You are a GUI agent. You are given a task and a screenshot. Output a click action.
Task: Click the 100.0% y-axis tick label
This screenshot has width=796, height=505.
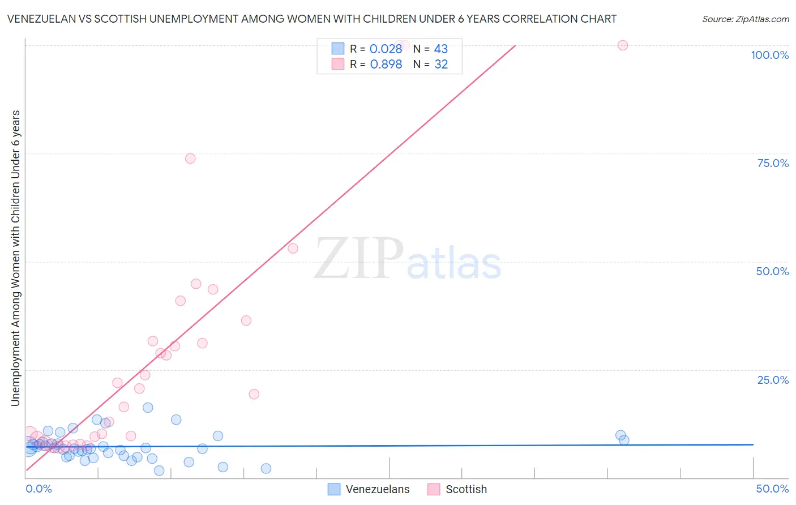point(769,55)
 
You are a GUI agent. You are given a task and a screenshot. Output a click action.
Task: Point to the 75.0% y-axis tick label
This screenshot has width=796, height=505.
point(773,163)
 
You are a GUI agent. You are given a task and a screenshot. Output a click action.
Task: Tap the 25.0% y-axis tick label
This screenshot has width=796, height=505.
point(773,380)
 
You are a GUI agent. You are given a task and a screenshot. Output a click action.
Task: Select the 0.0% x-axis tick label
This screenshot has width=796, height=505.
point(38,489)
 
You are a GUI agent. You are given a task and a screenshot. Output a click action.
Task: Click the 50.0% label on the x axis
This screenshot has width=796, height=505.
point(772,489)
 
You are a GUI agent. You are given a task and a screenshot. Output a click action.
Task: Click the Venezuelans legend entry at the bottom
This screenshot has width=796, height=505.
point(369,489)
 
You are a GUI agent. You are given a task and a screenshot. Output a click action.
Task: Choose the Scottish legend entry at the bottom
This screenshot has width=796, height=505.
point(457,489)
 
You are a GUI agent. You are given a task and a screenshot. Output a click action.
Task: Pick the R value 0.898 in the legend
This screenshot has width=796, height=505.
point(386,64)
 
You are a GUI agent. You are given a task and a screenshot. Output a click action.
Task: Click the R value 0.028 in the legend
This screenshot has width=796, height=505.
point(386,49)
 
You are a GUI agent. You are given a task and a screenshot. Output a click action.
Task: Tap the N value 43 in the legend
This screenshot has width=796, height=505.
point(440,49)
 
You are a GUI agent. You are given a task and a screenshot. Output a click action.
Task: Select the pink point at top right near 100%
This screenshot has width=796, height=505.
point(623,45)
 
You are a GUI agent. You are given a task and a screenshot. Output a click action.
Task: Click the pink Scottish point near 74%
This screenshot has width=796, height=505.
point(190,159)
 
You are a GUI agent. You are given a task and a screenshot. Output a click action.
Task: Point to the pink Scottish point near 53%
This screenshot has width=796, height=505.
point(293,248)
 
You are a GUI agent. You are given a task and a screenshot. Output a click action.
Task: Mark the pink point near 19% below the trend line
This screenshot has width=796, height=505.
point(254,394)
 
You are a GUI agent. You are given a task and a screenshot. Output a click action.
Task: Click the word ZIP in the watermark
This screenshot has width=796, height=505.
point(359,259)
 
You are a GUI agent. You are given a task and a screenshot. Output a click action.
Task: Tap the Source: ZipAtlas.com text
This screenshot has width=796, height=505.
point(745,19)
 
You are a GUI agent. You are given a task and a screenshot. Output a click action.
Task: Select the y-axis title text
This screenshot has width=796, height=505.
point(15,258)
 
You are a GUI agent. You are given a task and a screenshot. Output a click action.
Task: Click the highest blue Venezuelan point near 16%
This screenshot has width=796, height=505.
point(148,408)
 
